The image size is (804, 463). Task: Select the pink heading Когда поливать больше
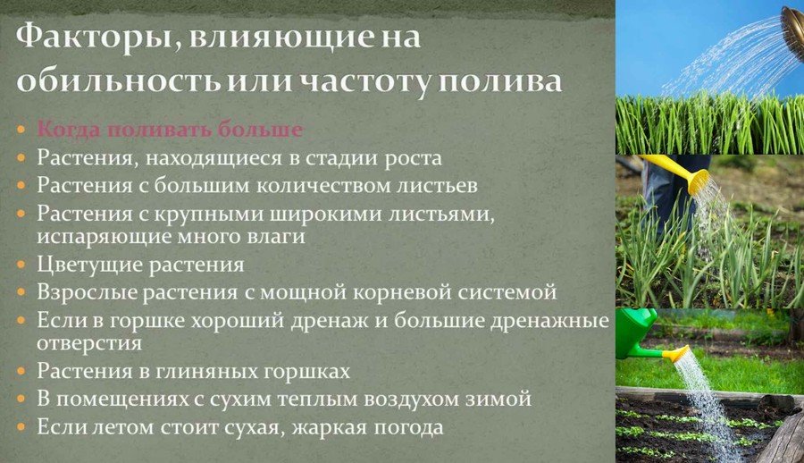170,129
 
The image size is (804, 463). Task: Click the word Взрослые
87,292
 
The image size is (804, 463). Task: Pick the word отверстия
89,343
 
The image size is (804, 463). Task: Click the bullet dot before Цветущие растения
21,265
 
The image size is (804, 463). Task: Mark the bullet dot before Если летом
21,427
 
